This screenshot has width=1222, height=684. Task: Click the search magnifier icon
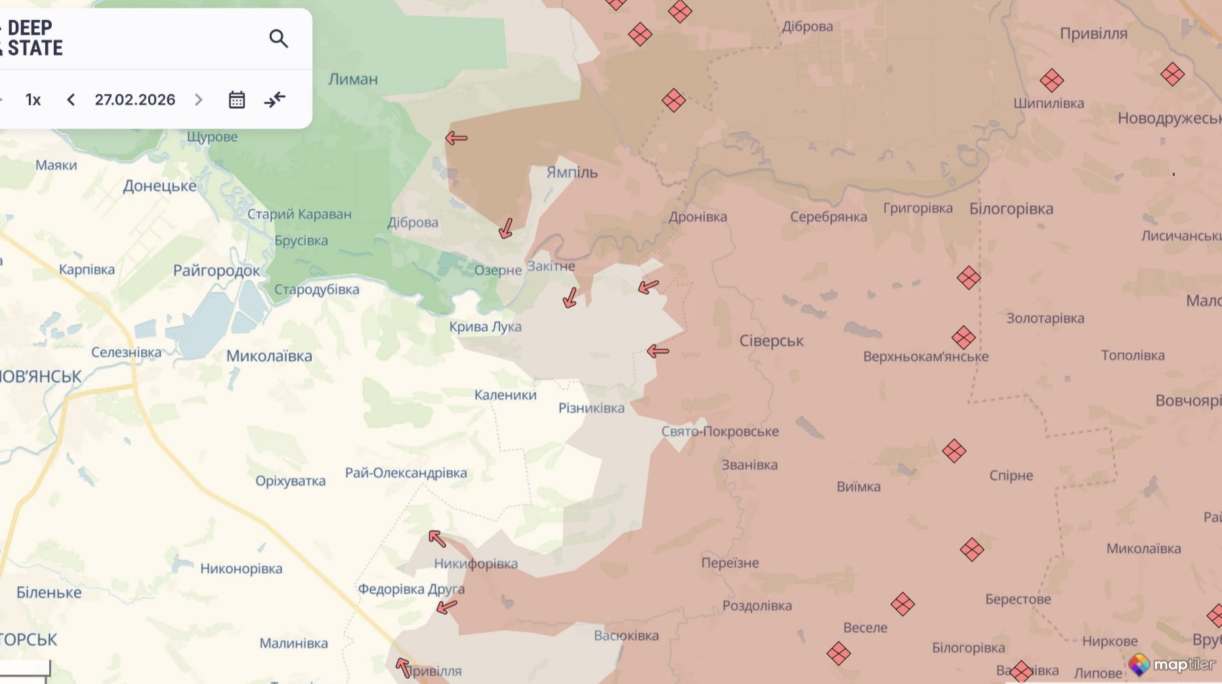click(278, 39)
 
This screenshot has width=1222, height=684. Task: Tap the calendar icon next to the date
click(236, 100)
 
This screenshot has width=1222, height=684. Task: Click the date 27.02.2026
click(135, 100)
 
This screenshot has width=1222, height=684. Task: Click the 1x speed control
click(33, 100)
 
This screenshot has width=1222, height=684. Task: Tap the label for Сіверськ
click(771, 341)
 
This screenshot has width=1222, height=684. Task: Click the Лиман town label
click(353, 79)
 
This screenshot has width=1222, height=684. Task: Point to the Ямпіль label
click(572, 172)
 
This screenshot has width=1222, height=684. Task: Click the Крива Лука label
click(485, 327)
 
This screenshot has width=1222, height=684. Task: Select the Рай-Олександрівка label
click(406, 473)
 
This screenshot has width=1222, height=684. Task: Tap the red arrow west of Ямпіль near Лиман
click(456, 138)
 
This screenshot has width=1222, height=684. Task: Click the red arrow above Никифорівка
click(437, 539)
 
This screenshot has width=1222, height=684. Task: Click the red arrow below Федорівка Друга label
click(447, 607)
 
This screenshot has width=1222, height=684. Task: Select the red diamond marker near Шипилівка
click(1051, 81)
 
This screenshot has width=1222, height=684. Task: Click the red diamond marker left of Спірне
click(954, 451)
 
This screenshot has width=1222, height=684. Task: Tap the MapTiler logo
click(1171, 665)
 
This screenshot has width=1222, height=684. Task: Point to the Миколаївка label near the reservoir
click(269, 356)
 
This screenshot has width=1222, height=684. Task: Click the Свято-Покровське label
click(719, 432)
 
